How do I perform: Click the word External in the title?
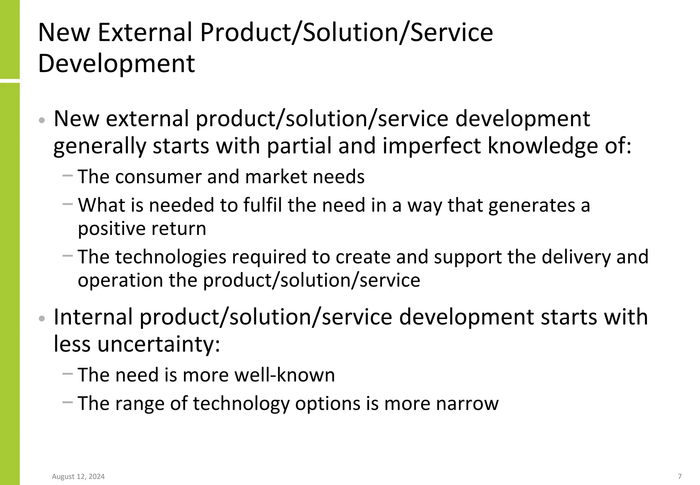click(x=145, y=32)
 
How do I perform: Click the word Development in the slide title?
click(x=116, y=64)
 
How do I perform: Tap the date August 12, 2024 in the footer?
click(x=78, y=476)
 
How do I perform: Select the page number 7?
click(x=680, y=476)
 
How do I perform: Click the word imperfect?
click(x=431, y=146)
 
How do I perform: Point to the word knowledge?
click(x=543, y=146)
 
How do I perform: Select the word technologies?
click(x=171, y=257)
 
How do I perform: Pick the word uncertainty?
click(x=159, y=344)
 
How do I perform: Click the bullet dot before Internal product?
click(x=42, y=319)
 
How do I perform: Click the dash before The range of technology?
click(x=68, y=402)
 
